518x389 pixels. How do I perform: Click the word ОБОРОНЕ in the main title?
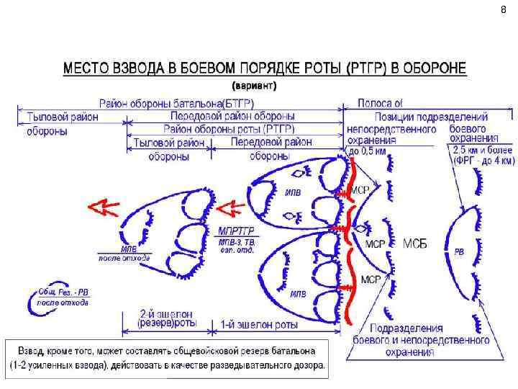(x=430, y=69)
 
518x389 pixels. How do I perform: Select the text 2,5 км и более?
(x=482, y=150)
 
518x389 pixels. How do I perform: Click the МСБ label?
(x=414, y=243)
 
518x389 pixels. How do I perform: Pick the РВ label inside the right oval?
(x=459, y=251)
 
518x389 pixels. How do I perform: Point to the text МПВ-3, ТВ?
(x=236, y=242)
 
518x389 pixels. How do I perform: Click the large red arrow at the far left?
(x=104, y=207)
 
